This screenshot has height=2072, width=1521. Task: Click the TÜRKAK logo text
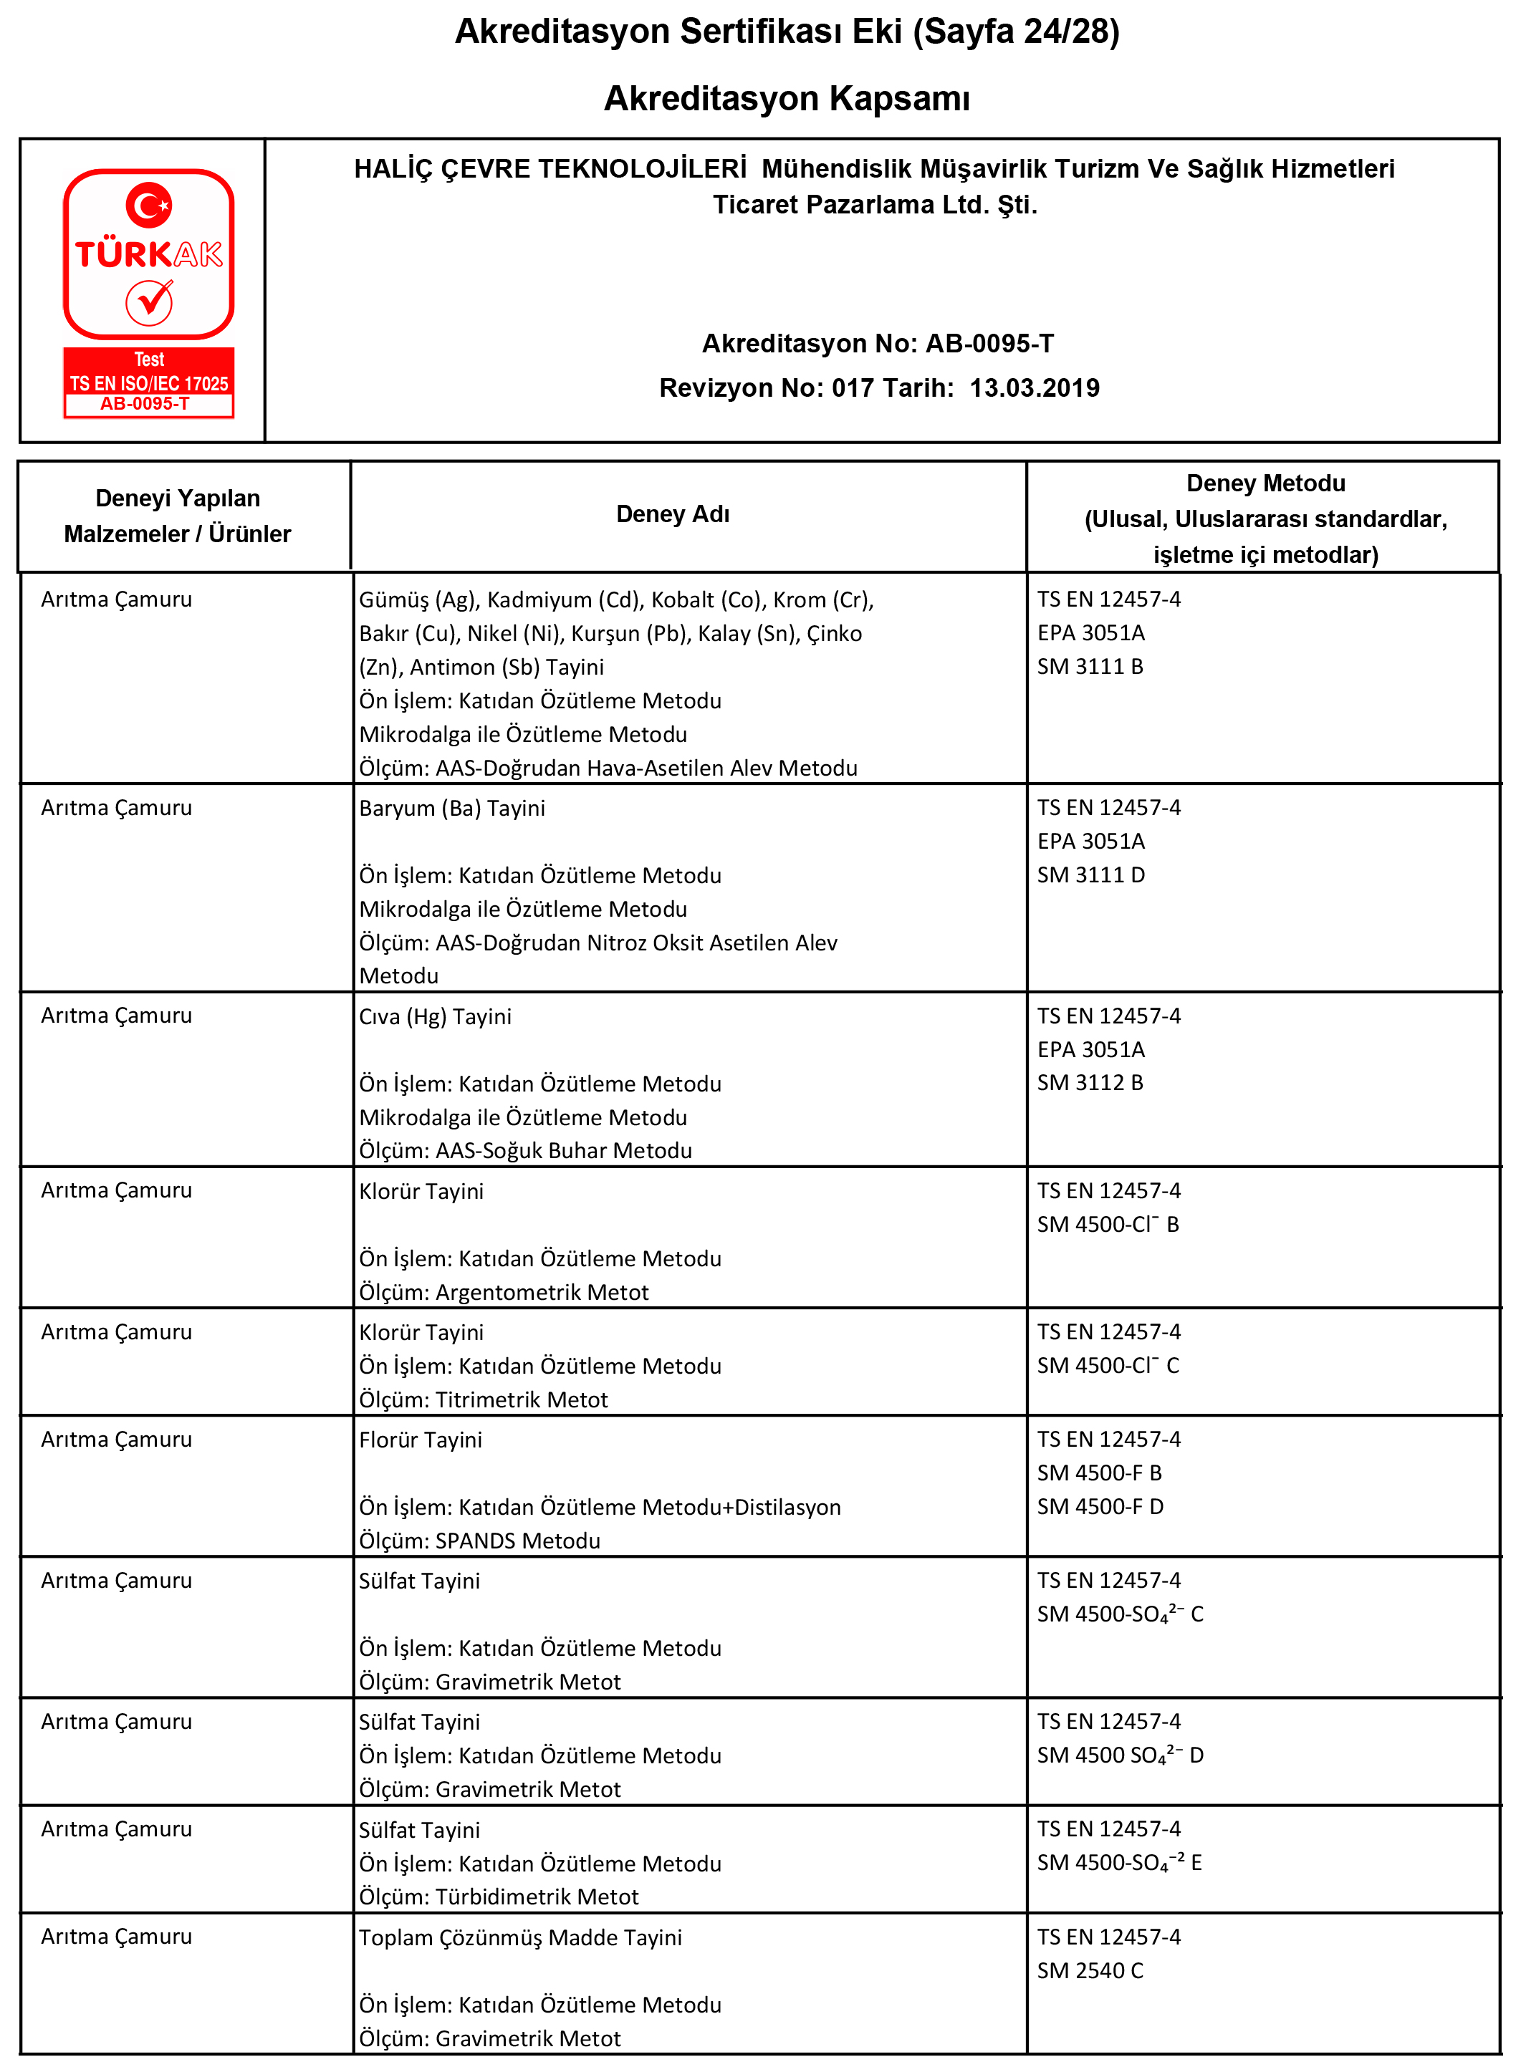148,254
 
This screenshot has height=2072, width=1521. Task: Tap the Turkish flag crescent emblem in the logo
148,204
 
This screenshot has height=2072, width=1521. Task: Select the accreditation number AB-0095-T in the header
989,343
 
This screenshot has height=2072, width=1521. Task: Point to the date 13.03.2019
1034,387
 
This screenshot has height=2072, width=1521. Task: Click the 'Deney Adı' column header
672,514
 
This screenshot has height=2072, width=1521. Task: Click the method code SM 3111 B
1090,666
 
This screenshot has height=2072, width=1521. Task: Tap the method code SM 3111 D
1091,874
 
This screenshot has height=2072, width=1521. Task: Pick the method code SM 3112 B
1090,1082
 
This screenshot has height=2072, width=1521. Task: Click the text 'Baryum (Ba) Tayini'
451,808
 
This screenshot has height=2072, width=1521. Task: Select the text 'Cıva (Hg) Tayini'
435,1016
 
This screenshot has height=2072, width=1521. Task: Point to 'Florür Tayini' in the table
420,1440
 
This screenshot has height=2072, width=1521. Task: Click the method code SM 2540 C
1090,1970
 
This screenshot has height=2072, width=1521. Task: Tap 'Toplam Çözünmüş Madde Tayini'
520,1937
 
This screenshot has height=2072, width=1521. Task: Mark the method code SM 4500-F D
1100,1507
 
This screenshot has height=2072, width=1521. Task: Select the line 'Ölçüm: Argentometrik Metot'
504,1292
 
